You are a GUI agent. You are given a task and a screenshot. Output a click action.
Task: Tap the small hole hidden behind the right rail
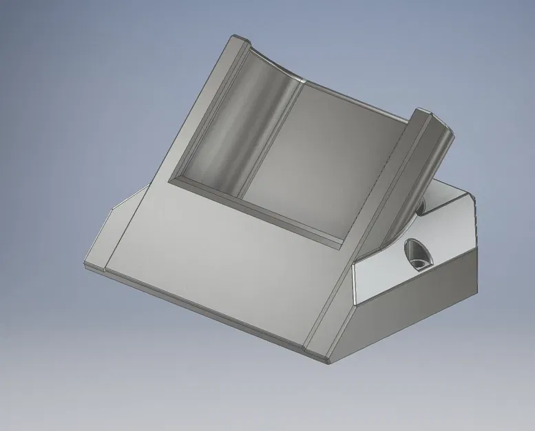421,206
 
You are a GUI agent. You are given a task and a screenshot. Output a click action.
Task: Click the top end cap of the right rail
425,113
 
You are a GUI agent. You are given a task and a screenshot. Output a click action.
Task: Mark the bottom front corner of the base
328,360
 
